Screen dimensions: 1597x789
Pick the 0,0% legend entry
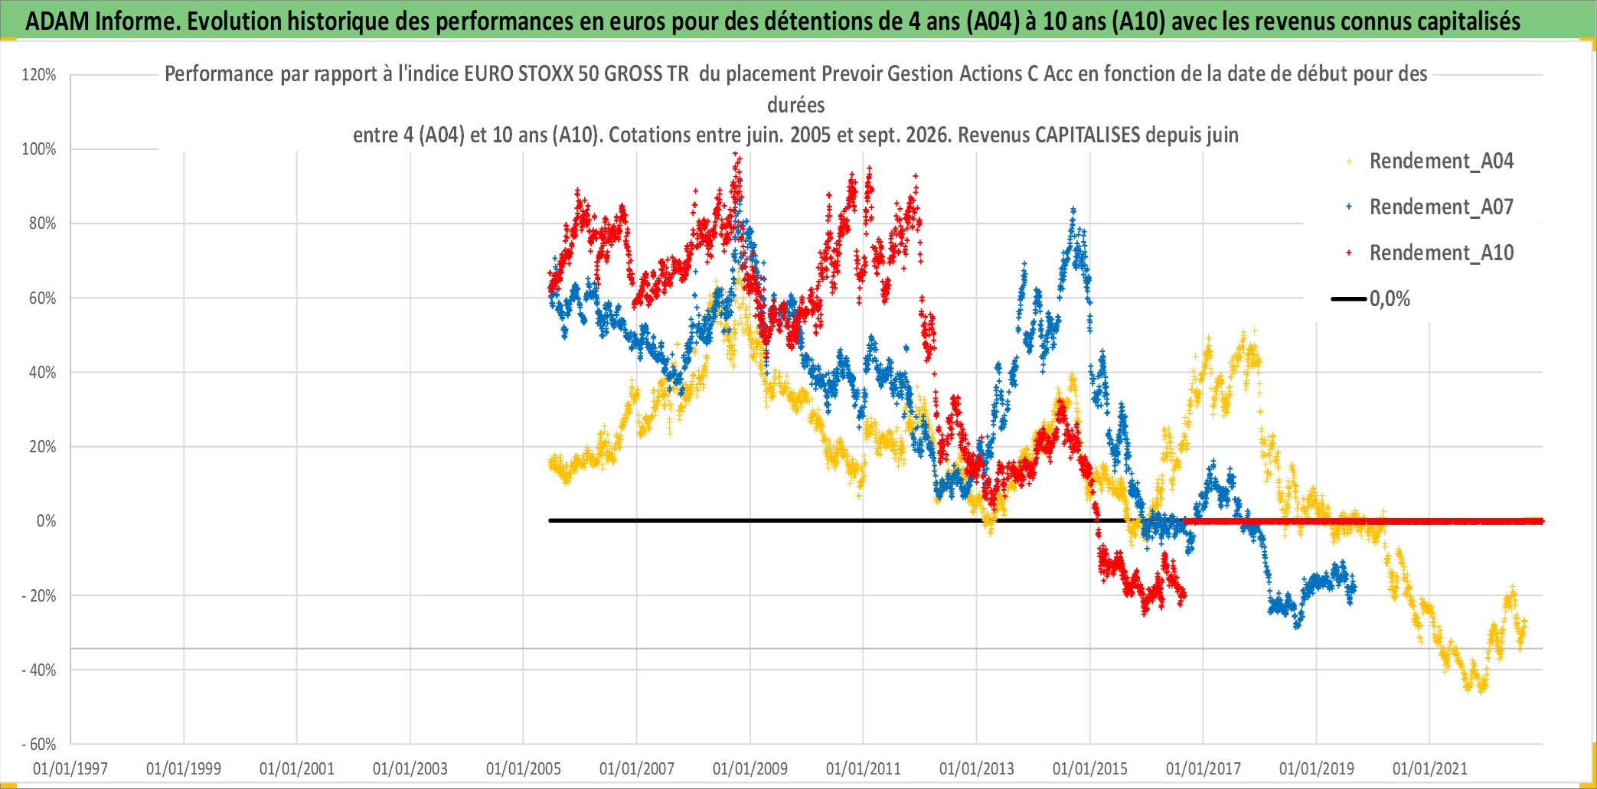pos(1371,298)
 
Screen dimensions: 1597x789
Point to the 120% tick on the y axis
pos(39,75)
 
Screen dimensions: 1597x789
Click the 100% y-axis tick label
pos(39,149)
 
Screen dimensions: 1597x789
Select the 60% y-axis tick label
pos(43,298)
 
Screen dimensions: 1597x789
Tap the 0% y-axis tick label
pos(47,521)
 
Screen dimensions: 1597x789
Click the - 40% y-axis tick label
pos(39,670)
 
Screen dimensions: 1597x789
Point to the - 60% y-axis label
pos(39,745)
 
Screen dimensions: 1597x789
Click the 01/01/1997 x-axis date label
pos(70,768)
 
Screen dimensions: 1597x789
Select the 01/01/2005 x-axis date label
pos(524,768)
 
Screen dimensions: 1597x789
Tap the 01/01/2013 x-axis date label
pos(977,768)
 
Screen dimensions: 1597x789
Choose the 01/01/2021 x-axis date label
pos(1430,768)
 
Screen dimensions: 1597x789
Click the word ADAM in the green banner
pos(57,21)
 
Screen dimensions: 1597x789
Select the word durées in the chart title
pos(796,105)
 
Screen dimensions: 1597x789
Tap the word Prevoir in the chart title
pos(849,73)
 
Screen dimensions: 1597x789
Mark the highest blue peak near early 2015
pos(1073,208)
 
